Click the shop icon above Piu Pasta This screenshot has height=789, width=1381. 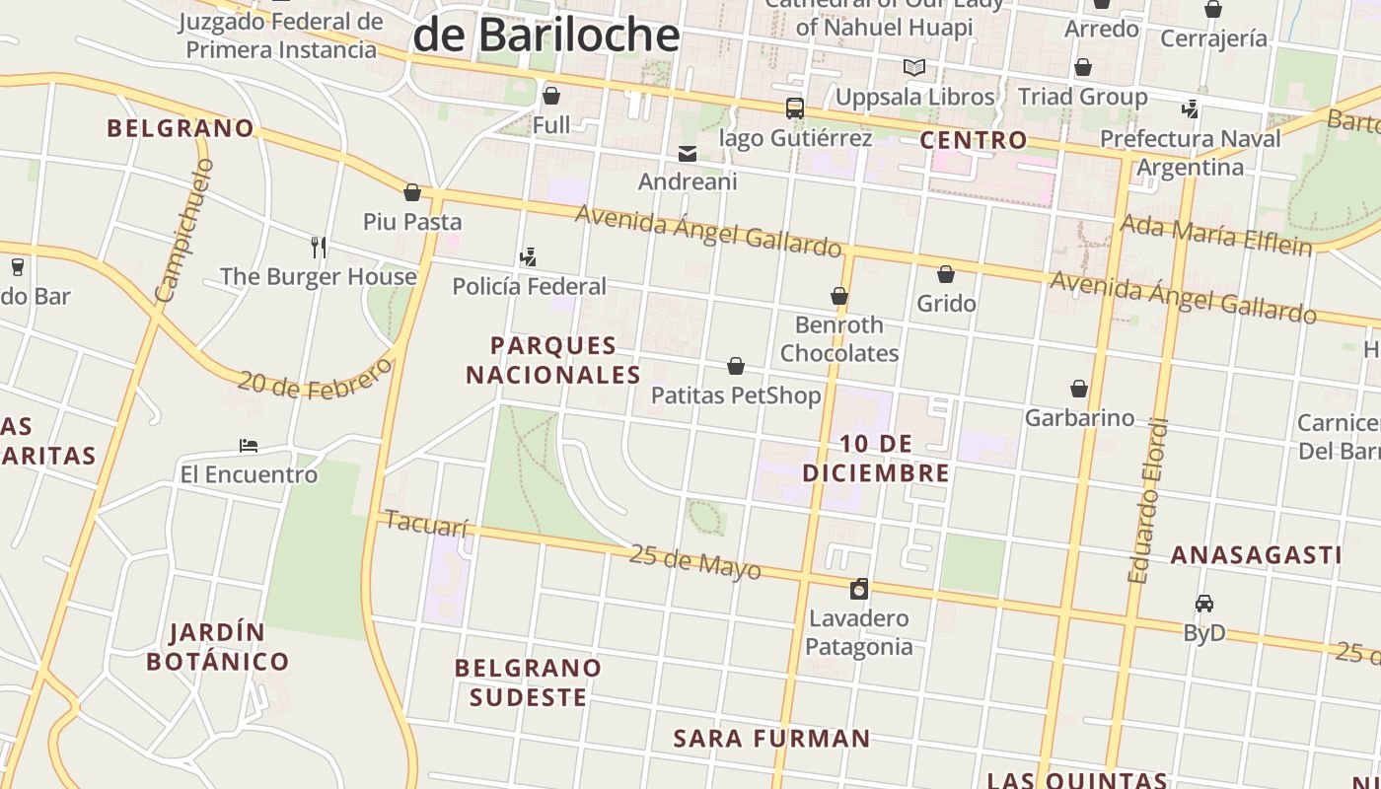[x=412, y=192]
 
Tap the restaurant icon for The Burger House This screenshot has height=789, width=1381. [x=318, y=247]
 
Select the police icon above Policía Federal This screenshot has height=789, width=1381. [x=528, y=257]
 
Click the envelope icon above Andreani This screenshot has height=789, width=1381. [x=688, y=153]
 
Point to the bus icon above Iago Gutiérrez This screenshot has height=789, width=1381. [x=794, y=108]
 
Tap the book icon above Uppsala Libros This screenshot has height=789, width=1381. [x=914, y=68]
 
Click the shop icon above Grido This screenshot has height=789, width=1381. [x=946, y=274]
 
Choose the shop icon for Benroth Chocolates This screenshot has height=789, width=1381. [x=838, y=296]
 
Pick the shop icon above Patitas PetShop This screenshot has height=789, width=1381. [x=736, y=367]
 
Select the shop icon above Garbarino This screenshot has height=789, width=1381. [x=1079, y=390]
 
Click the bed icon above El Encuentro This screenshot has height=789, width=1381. [x=249, y=446]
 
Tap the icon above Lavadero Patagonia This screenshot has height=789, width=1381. [x=859, y=589]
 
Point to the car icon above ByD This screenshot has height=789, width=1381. [x=1203, y=604]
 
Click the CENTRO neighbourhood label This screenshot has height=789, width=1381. [x=974, y=140]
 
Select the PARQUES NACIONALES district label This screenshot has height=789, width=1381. [x=553, y=360]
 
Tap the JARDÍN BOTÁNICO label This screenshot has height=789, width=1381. [x=218, y=647]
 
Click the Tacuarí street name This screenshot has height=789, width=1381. [x=426, y=523]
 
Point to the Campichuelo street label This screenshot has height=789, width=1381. [x=184, y=231]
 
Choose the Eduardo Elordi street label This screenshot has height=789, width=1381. [x=1148, y=501]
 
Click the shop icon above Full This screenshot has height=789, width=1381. [x=551, y=96]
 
